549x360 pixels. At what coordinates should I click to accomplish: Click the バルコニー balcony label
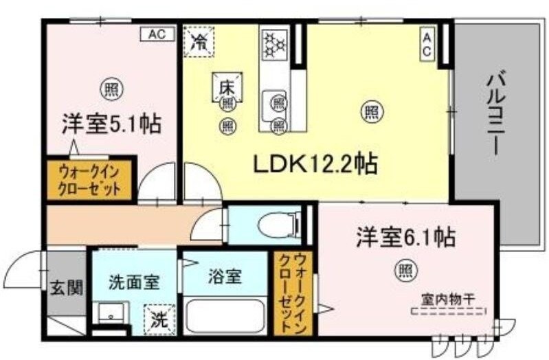[x=496, y=114]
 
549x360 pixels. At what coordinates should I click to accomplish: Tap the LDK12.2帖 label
[x=315, y=164]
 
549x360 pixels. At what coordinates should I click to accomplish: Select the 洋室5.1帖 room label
[x=111, y=124]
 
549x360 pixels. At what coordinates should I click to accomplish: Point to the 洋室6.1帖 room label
[x=405, y=238]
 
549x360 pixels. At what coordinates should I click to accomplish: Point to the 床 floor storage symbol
[x=227, y=87]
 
